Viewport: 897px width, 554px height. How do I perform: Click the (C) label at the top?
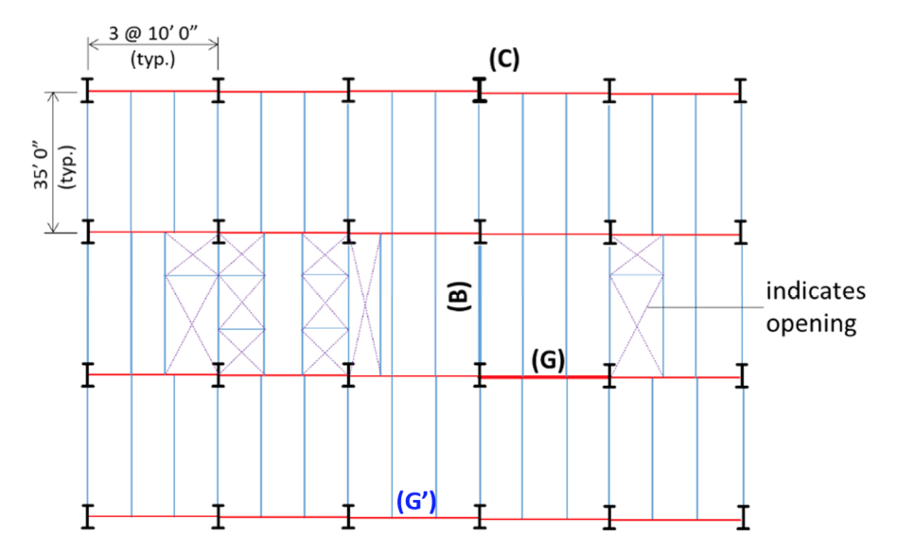click(503, 59)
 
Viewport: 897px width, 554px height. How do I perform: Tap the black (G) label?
click(548, 359)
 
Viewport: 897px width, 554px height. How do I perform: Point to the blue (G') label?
click(416, 501)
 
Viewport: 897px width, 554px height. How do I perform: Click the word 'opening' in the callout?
click(811, 324)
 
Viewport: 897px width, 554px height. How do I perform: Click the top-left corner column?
click(88, 91)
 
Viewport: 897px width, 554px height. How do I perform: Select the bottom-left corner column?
click(88, 516)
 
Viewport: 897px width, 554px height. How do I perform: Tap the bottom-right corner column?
click(744, 519)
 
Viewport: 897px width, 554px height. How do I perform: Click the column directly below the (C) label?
click(480, 91)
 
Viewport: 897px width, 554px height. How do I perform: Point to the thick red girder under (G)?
click(545, 376)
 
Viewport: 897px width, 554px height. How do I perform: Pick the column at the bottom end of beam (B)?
click(480, 375)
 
